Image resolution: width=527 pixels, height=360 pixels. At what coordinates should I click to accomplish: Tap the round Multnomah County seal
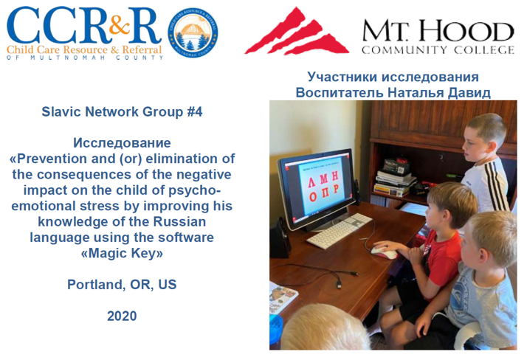pos(193,32)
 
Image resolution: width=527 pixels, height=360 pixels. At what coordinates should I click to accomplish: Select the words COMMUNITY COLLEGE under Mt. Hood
pos(438,50)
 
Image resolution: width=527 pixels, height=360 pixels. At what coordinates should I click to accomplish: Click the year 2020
pos(122,316)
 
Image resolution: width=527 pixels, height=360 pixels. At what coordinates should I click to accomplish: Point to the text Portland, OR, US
pos(122,285)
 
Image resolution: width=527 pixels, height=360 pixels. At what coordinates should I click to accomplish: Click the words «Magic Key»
pos(122,253)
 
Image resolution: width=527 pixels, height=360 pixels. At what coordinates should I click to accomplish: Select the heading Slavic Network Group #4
pos(122,112)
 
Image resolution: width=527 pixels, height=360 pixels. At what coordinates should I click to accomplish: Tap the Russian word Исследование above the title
pos(122,143)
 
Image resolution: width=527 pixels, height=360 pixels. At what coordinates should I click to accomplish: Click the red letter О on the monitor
pos(312,196)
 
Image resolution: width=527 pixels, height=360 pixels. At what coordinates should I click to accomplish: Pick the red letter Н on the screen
pos(334,176)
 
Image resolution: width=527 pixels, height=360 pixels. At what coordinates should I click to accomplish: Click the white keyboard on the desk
pos(339,230)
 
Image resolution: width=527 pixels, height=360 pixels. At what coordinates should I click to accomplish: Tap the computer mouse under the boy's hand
pos(383,252)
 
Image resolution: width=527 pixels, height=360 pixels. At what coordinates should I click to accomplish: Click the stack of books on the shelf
pos(394,181)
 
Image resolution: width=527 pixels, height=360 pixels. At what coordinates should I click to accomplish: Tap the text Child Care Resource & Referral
pos(84,49)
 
